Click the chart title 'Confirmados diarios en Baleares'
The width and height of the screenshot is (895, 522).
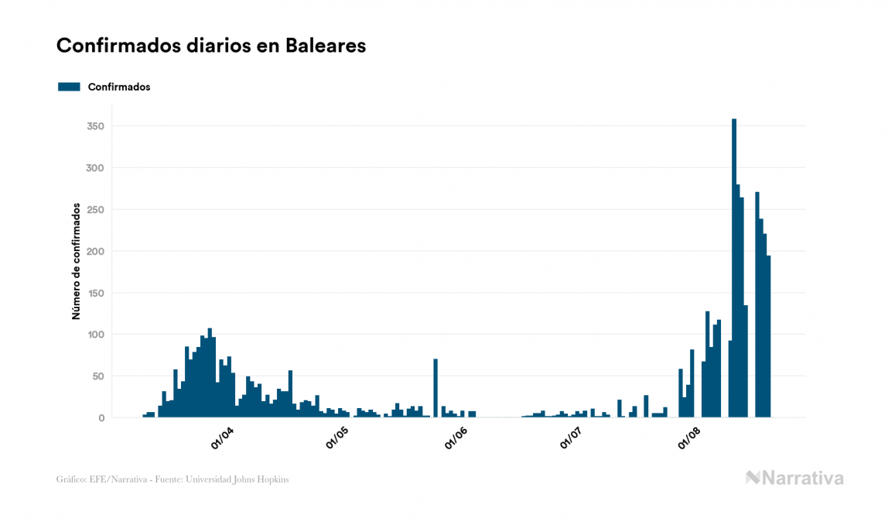click(211, 46)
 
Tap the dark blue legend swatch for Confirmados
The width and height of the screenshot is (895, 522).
click(69, 87)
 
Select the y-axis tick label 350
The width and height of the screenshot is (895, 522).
click(96, 126)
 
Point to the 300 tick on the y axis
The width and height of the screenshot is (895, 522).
click(96, 168)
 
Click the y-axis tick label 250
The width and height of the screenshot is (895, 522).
click(96, 210)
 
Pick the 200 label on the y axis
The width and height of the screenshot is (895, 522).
click(96, 252)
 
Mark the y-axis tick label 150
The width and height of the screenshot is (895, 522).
click(96, 294)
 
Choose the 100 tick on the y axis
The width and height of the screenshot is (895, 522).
click(96, 335)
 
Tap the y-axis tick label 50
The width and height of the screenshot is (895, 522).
click(98, 376)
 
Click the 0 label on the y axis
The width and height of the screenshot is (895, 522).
click(101, 418)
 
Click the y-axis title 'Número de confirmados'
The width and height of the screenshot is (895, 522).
click(76, 262)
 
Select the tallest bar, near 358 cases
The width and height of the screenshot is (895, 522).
click(733, 271)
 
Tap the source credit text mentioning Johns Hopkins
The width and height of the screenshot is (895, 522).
click(173, 479)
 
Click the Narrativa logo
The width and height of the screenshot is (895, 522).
click(794, 478)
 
